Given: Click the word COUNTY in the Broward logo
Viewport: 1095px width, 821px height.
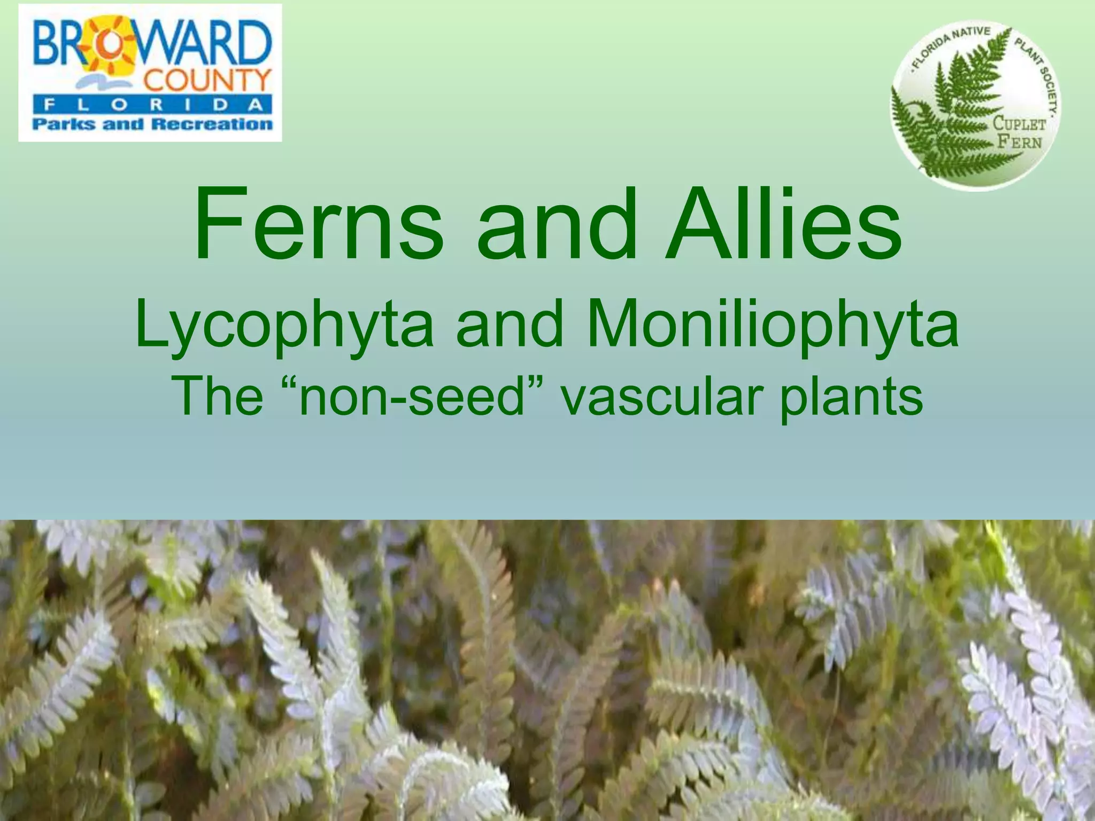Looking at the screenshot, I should pos(207,82).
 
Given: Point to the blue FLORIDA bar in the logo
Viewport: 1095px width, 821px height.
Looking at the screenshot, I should pos(152,104).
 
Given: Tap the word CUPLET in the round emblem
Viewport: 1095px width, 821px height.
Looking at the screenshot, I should pos(1019,124).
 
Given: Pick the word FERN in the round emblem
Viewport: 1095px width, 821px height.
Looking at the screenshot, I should pos(1020,142).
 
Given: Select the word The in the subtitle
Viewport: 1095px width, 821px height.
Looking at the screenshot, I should pos(217,397).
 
